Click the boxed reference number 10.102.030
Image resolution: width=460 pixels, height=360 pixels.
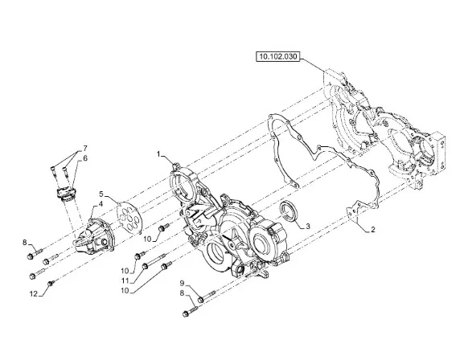[277, 56]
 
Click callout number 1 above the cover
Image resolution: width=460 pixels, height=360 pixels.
[158, 154]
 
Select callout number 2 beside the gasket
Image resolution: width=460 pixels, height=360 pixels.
[373, 230]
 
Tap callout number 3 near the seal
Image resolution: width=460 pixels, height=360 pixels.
[308, 227]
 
